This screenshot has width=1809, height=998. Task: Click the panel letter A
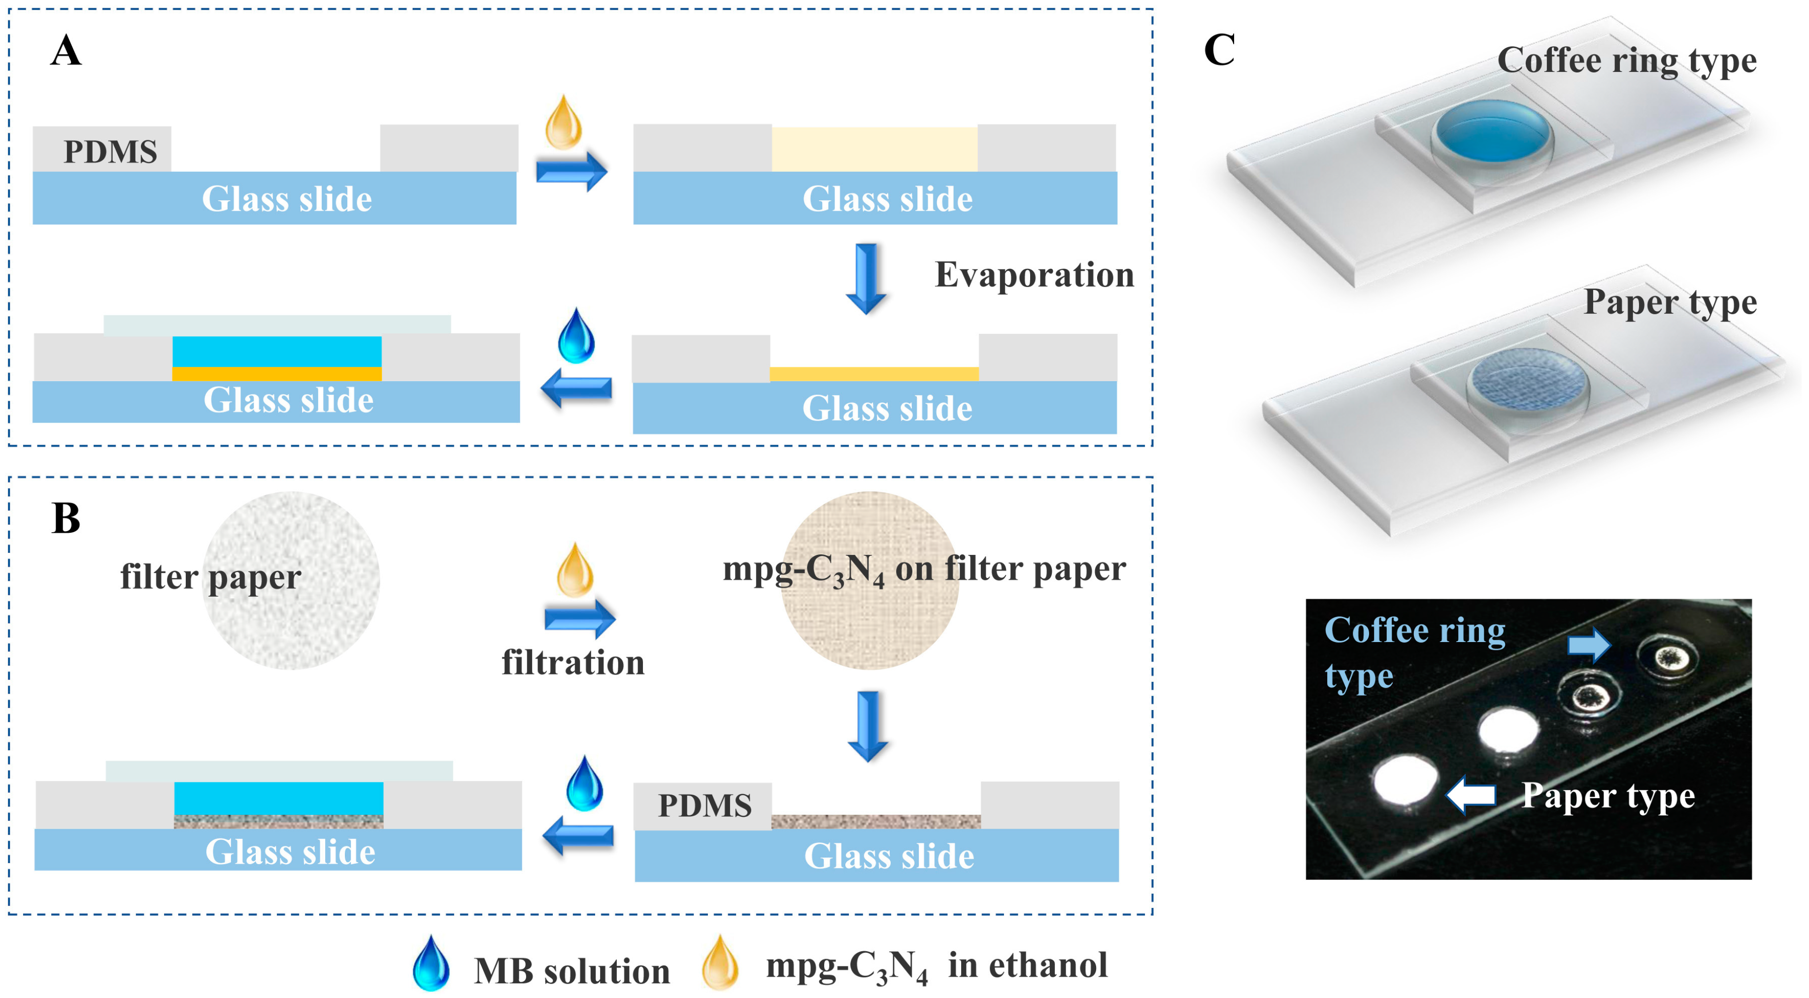(66, 51)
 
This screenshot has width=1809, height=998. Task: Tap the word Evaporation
(1034, 274)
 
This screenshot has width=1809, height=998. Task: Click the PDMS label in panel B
(704, 805)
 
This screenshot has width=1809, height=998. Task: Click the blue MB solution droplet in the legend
(431, 963)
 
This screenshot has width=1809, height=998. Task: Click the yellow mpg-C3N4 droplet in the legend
(720, 963)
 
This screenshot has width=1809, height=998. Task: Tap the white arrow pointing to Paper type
(1471, 795)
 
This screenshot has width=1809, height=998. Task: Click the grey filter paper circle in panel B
(292, 579)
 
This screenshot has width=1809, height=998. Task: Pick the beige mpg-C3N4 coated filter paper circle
(870, 579)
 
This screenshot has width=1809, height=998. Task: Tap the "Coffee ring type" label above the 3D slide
(1626, 61)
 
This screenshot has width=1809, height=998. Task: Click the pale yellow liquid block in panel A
(874, 149)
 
